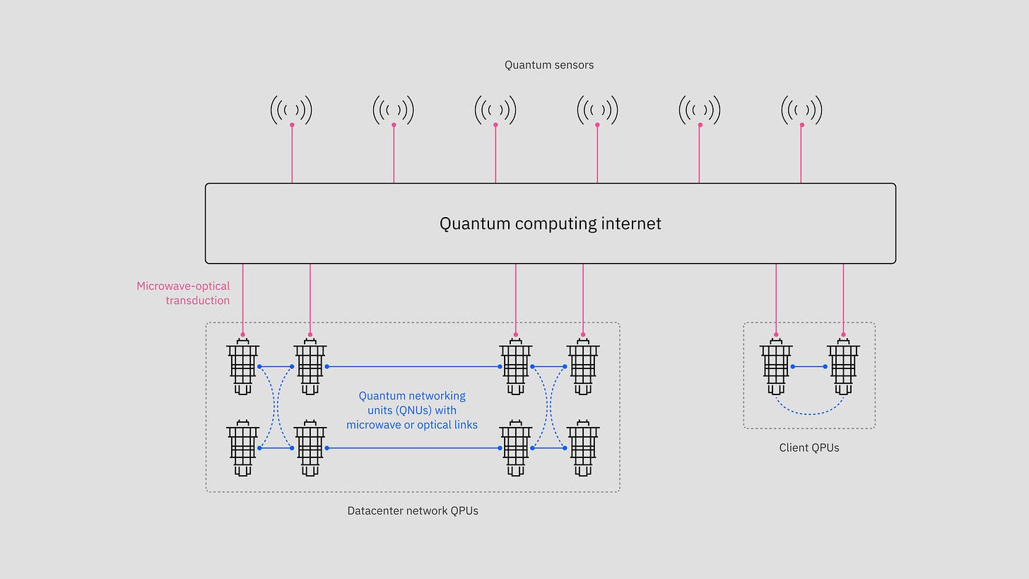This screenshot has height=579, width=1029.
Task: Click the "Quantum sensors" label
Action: tap(548, 65)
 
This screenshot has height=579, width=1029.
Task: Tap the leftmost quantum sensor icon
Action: tap(291, 110)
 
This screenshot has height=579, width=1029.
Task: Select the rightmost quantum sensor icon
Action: tap(801, 110)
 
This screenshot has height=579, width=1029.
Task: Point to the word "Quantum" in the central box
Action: tap(474, 223)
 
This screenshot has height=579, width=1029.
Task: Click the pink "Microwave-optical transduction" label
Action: tap(183, 293)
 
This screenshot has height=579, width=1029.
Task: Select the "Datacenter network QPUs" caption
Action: tap(413, 510)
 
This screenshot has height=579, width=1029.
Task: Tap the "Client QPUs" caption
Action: tap(809, 448)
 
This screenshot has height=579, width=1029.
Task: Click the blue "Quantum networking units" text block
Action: tap(412, 410)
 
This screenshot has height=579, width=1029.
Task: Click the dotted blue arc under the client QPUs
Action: tap(810, 413)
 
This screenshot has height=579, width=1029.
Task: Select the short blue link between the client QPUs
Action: tap(809, 366)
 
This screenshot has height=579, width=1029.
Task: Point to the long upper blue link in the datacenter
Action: tap(413, 366)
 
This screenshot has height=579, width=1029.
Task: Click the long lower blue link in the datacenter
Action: tap(413, 448)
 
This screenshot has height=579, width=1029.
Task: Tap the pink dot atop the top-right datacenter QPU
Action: tap(583, 334)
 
